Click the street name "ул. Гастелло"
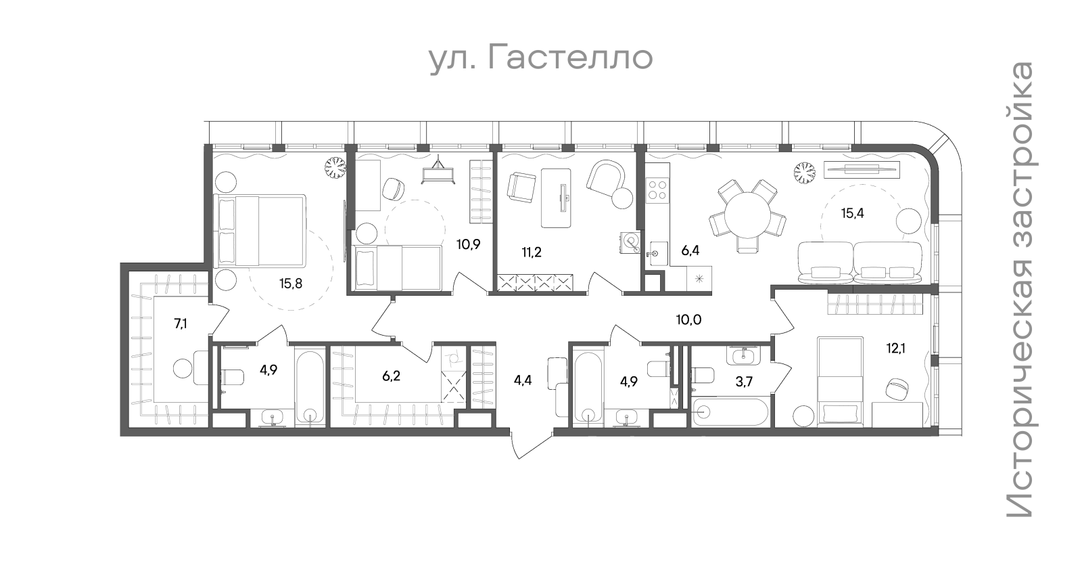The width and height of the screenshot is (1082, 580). [542, 59]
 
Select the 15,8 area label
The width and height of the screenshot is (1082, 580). [291, 284]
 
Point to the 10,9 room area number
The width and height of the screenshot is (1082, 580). [469, 244]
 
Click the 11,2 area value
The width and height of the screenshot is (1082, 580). [532, 252]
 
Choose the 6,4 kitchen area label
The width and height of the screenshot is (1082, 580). [690, 251]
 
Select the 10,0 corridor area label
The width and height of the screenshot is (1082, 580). [688, 319]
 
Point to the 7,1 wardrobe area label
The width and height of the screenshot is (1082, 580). [181, 324]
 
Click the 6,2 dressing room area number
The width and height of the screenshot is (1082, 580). [392, 376]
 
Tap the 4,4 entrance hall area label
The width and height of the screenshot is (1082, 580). [523, 380]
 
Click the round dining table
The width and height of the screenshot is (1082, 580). [747, 216]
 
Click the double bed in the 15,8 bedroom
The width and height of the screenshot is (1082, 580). [260, 231]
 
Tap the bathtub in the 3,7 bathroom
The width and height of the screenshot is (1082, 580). [729, 411]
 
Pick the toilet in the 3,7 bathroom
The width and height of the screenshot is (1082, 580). [703, 376]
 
